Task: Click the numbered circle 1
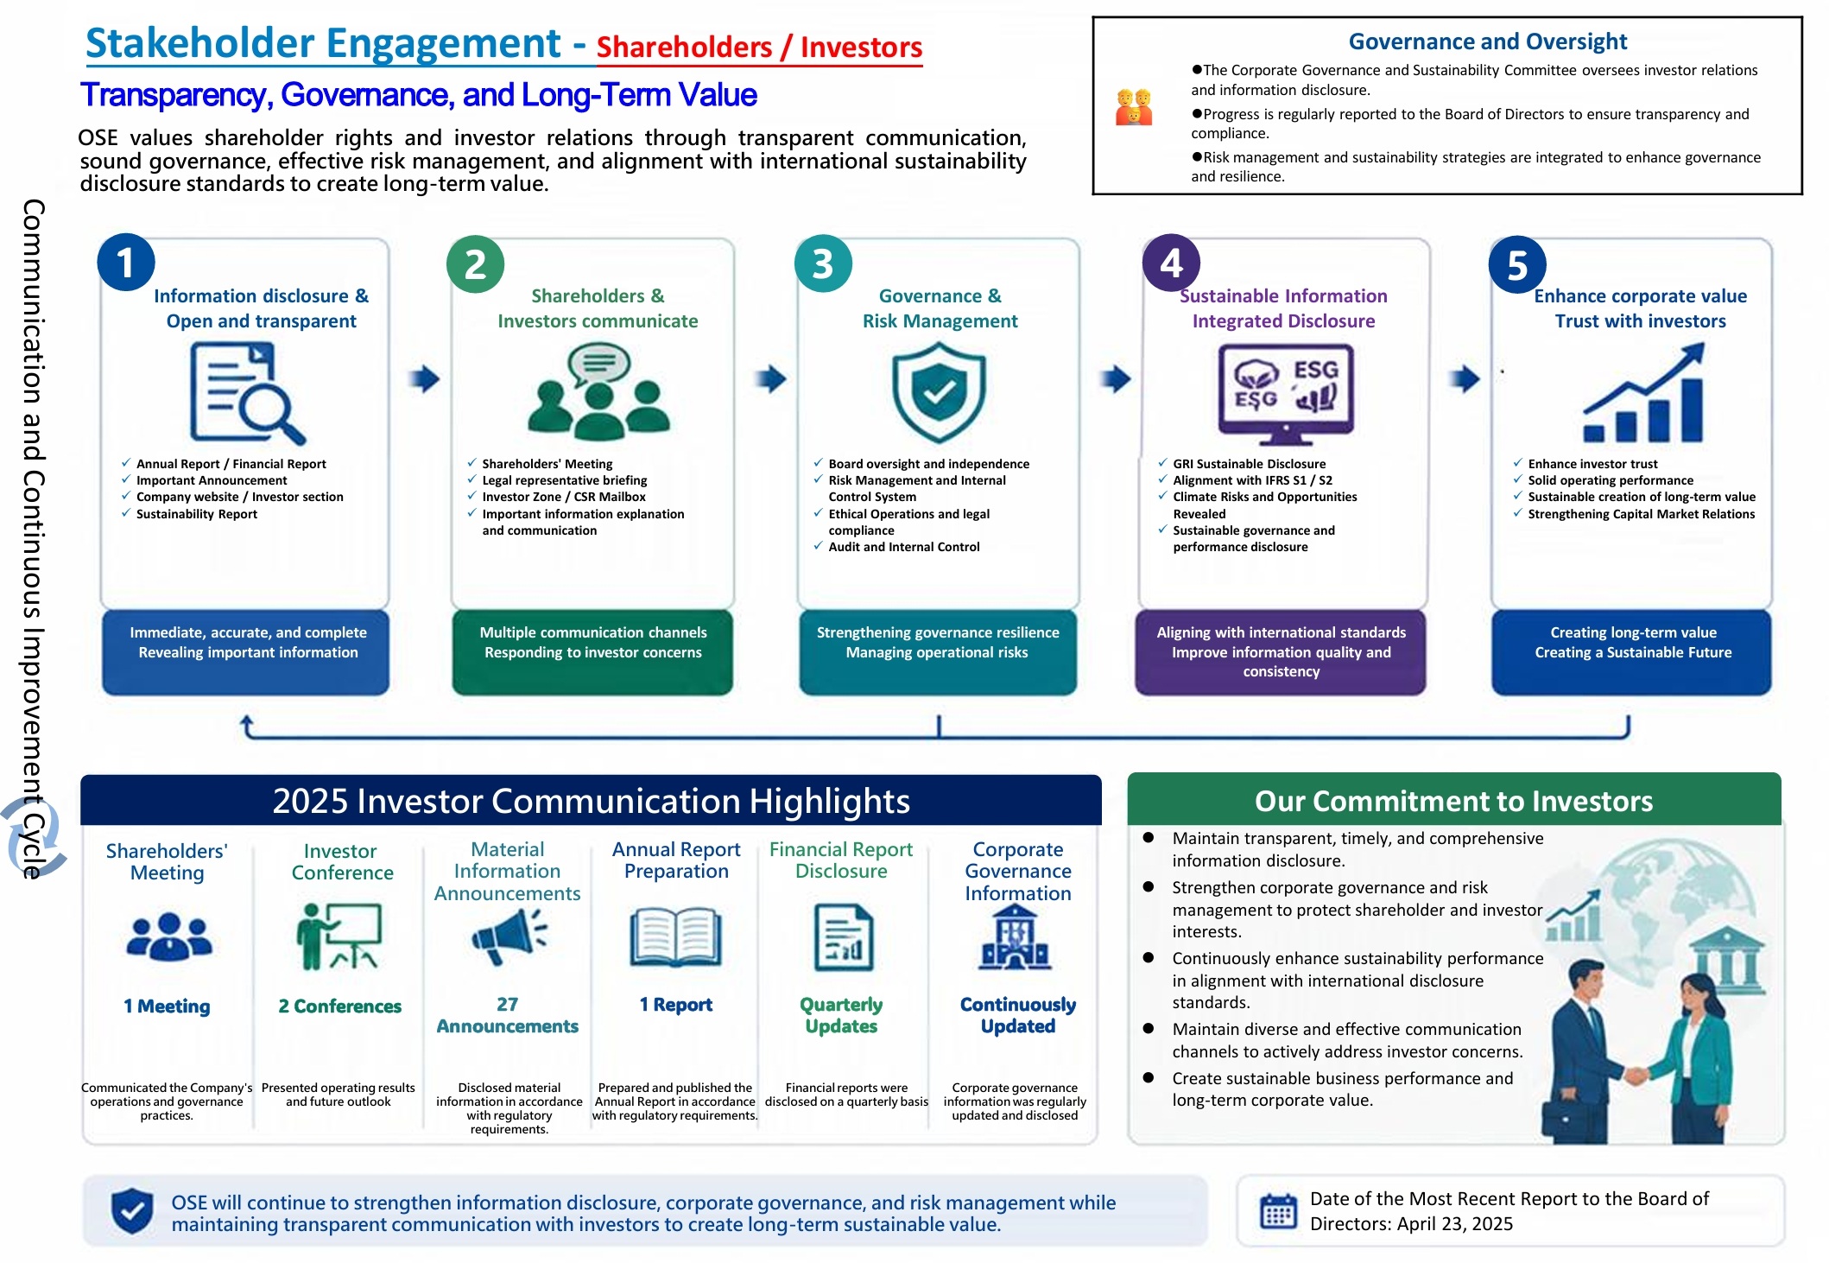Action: [x=126, y=262]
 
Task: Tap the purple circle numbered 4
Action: [x=1171, y=263]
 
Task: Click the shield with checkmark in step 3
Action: [x=939, y=392]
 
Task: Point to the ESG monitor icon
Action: [x=1286, y=394]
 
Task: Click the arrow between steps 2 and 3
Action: [x=770, y=378]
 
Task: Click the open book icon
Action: [x=675, y=936]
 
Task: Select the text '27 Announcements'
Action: [x=508, y=1015]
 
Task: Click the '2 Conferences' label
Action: [x=339, y=1006]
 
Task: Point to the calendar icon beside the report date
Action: [x=1278, y=1210]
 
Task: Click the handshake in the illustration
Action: [x=1636, y=1076]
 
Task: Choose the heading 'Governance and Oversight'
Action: [x=1487, y=41]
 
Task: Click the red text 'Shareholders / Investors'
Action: [x=759, y=47]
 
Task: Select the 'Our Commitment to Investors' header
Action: [x=1454, y=800]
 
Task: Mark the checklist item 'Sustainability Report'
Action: [x=197, y=514]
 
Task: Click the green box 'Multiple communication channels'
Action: [x=592, y=651]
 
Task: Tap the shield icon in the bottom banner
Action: [x=132, y=1210]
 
